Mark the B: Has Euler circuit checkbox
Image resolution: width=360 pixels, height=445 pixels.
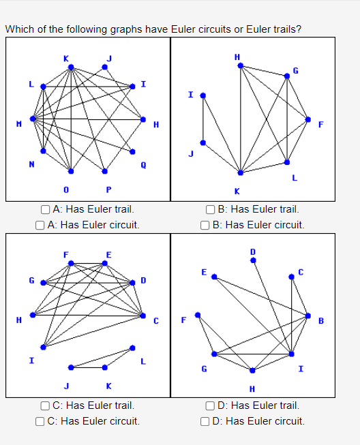(x=205, y=224)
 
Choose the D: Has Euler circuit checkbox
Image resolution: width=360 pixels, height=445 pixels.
(x=205, y=420)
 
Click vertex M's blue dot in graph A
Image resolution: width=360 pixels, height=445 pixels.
(x=32, y=119)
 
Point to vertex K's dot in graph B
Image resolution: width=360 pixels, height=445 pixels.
(x=240, y=172)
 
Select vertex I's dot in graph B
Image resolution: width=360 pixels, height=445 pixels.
(x=202, y=95)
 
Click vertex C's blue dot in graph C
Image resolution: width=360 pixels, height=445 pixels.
(x=142, y=316)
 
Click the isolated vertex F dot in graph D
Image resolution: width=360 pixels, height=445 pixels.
(x=198, y=316)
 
